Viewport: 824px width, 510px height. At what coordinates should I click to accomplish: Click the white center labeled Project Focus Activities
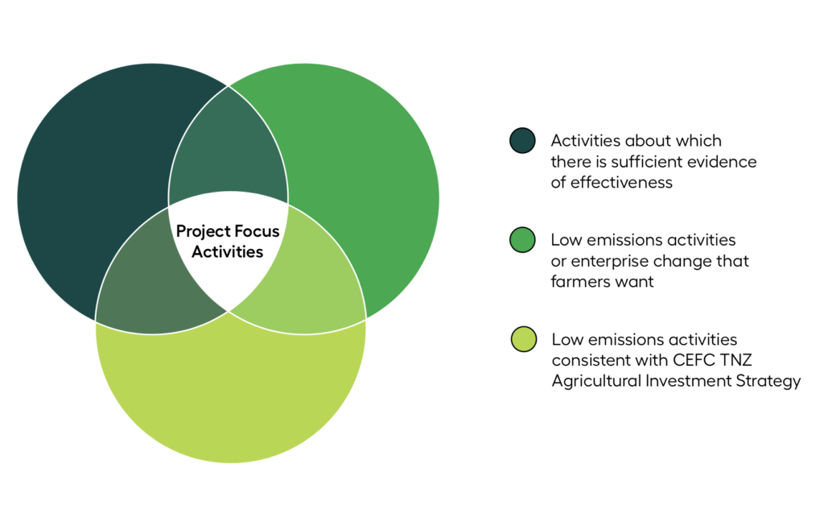click(x=228, y=247)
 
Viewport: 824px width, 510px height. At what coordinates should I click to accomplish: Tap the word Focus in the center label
click(x=257, y=231)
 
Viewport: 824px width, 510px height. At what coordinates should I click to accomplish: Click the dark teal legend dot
click(x=522, y=140)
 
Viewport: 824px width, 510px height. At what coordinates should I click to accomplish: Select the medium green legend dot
click(x=522, y=240)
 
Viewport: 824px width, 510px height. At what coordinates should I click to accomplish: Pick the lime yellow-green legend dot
click(x=523, y=339)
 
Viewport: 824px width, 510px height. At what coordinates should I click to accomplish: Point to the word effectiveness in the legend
click(x=621, y=182)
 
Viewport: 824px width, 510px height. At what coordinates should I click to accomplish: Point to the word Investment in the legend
click(x=688, y=381)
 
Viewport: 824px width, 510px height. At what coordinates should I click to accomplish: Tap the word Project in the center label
click(x=203, y=231)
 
